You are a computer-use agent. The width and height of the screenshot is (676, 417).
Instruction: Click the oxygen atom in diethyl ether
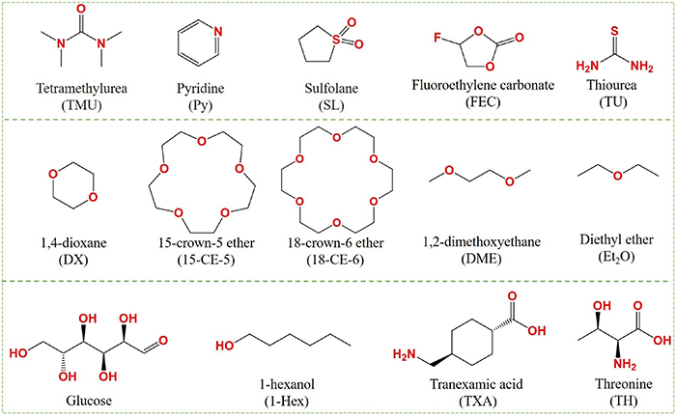(x=620, y=177)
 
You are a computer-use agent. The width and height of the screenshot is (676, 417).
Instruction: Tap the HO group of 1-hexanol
(x=224, y=345)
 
